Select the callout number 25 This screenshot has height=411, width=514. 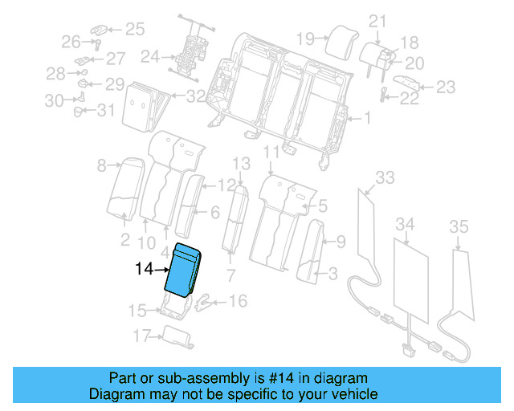[x=133, y=30]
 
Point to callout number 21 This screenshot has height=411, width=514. [x=378, y=21]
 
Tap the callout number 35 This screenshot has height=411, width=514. [x=459, y=228]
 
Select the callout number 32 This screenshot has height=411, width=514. [x=195, y=97]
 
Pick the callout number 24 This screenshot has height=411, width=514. [x=149, y=57]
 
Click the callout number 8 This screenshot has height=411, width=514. [x=101, y=166]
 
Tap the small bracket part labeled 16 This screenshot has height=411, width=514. [x=207, y=303]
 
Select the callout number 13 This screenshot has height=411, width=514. [x=242, y=165]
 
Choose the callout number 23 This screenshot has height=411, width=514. [x=445, y=87]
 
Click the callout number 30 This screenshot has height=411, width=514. [x=54, y=100]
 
